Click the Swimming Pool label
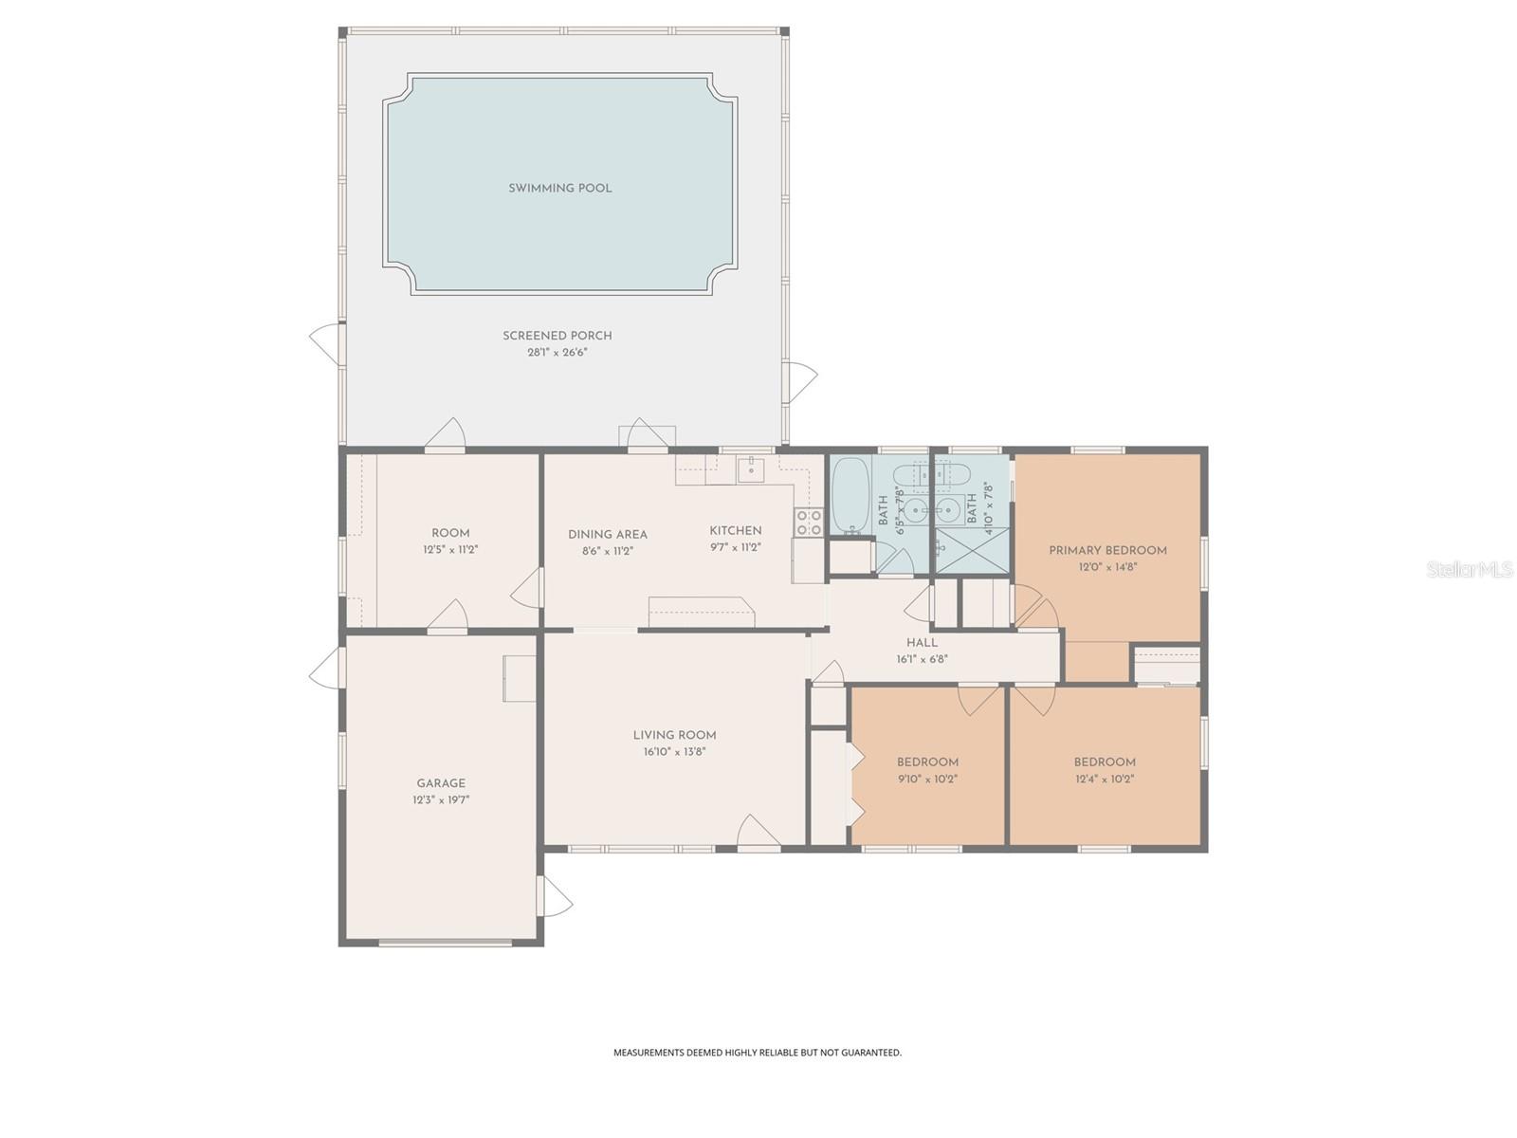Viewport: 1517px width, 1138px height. tap(559, 188)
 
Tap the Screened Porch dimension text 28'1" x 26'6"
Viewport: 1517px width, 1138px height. tap(557, 352)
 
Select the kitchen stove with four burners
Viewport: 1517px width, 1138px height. tap(809, 522)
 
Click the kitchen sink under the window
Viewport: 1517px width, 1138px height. tap(751, 468)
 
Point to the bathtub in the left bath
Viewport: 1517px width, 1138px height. tap(849, 496)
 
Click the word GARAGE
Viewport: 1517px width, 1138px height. tap(441, 783)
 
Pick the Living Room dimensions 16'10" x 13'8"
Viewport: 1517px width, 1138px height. tap(674, 752)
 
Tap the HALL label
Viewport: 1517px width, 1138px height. tap(922, 642)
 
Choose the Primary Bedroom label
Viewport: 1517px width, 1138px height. tap(1107, 550)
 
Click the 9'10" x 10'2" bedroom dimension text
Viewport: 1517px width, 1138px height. tap(927, 779)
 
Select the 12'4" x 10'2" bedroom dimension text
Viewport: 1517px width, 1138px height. tap(1105, 779)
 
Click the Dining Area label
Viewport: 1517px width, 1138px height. tap(607, 534)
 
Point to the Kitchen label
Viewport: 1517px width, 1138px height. tap(736, 530)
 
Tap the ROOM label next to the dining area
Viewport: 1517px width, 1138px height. tap(450, 533)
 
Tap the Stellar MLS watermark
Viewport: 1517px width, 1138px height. tap(1470, 570)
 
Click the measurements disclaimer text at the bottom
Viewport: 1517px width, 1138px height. tap(757, 1052)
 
